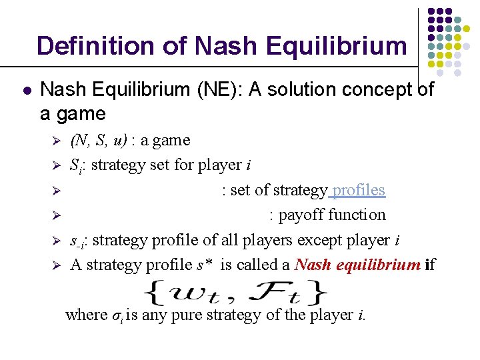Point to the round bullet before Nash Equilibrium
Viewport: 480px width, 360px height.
click(25, 89)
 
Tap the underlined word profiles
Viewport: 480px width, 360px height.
click(358, 190)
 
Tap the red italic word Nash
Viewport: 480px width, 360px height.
click(312, 265)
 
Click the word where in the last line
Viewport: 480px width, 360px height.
click(86, 315)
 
